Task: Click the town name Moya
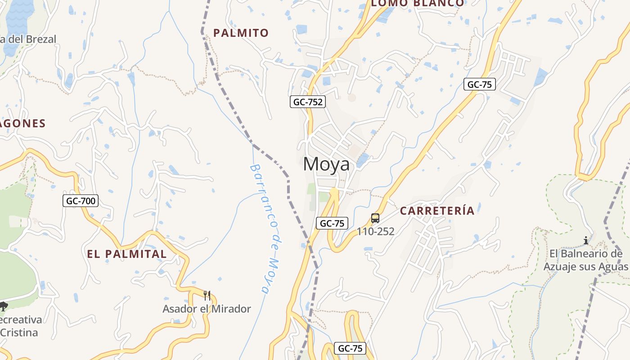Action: tap(326, 164)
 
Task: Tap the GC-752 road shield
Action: tap(308, 102)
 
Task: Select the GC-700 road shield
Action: tap(81, 201)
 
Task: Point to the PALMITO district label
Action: tap(241, 33)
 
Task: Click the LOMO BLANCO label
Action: tap(417, 3)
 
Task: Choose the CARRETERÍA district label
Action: tap(437, 211)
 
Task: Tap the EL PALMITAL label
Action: tap(127, 254)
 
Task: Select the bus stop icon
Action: tap(375, 218)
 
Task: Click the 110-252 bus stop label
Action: tap(376, 232)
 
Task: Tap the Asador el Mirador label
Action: tap(207, 309)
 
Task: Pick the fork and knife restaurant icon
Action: tap(207, 296)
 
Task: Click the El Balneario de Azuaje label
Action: tap(585, 260)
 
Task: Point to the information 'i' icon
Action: tap(586, 241)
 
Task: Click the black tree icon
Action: tap(4, 307)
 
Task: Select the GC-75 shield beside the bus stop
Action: tap(332, 223)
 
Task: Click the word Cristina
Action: tap(19, 333)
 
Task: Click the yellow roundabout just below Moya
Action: tap(334, 192)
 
